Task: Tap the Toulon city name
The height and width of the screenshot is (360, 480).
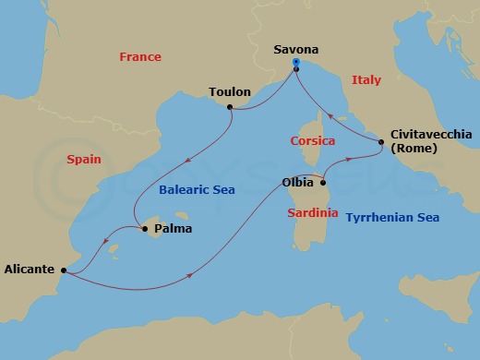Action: point(230,92)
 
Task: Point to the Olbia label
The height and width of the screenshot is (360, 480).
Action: point(297,183)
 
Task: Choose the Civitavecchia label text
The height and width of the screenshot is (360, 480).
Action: point(431,134)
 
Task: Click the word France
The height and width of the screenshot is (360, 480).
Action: point(140,57)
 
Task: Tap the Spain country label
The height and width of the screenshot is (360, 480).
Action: point(84,160)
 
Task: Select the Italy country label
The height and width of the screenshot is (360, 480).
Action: point(366,81)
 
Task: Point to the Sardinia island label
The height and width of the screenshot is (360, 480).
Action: point(312,211)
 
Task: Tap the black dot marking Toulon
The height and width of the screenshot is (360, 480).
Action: point(230,108)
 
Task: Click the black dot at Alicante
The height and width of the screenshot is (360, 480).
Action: point(63,270)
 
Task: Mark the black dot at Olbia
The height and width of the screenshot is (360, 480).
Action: point(323,183)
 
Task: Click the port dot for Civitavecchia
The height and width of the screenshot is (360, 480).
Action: point(381,141)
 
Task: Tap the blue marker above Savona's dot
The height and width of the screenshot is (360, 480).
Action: point(295,62)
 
